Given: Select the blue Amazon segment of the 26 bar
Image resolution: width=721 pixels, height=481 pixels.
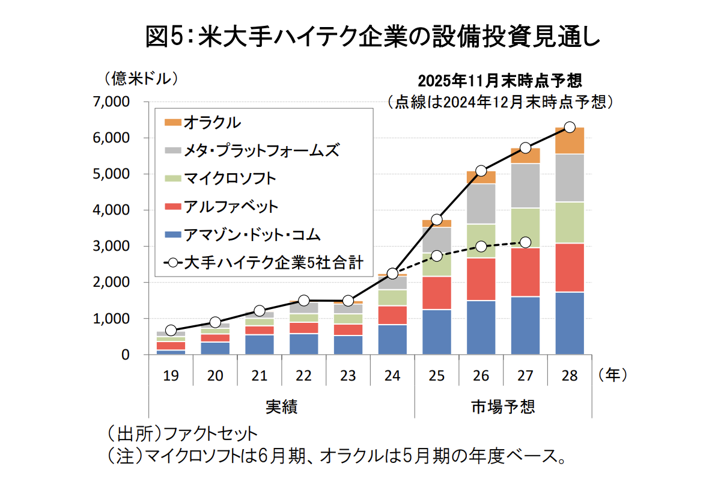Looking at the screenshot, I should (x=481, y=327).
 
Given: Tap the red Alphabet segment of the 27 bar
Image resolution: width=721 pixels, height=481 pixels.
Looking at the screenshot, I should (x=525, y=272).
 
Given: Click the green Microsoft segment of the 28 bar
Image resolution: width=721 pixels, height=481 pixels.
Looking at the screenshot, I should (x=570, y=222).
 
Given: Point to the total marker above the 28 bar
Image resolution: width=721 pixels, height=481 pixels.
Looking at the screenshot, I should (x=570, y=127).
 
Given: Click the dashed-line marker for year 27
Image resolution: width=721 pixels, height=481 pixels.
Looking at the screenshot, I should (x=525, y=242).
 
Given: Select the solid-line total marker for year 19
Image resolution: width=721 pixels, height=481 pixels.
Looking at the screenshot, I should (x=171, y=331).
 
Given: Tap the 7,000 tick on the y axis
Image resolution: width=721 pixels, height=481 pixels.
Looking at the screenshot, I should (x=113, y=102).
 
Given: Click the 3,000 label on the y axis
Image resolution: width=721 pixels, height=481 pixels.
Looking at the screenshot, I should (x=113, y=247).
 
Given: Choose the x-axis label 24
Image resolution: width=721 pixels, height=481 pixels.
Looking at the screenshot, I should (x=392, y=376).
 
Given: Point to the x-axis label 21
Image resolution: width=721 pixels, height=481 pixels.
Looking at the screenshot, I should (x=259, y=376).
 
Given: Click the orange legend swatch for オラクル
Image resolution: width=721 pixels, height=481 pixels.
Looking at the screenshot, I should (x=172, y=122).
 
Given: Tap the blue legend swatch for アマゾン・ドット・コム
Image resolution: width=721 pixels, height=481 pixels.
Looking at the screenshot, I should (x=172, y=234).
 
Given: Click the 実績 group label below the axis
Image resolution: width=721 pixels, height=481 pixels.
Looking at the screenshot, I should (x=281, y=406).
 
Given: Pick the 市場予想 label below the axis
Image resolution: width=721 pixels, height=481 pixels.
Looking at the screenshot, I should (x=503, y=406).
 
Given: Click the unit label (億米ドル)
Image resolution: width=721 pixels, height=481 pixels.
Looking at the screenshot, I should (x=142, y=78).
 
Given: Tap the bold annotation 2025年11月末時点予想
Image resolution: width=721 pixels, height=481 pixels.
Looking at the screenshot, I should (x=500, y=81).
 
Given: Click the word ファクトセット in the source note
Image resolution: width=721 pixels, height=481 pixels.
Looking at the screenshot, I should (x=210, y=434).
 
